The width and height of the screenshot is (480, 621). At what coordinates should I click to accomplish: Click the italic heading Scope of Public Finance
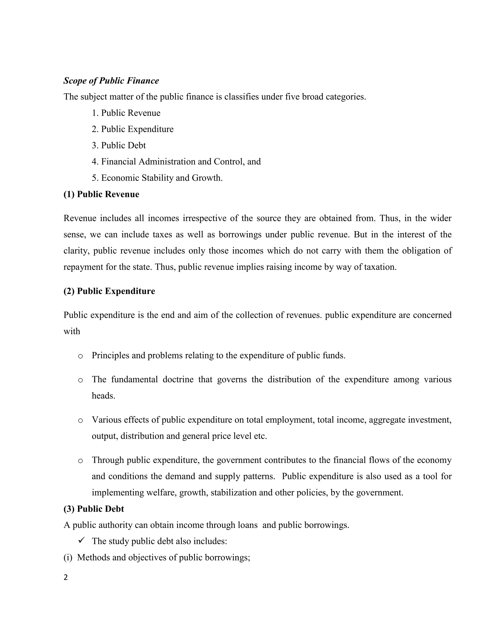point(111,81)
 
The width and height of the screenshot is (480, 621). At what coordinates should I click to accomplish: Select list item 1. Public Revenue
point(126,113)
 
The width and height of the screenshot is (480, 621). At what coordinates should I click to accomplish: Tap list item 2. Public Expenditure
point(132,129)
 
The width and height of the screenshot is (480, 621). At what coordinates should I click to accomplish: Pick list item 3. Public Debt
point(119,146)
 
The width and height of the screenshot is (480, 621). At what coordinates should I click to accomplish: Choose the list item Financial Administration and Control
point(176,162)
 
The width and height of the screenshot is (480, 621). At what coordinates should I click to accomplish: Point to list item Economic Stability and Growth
point(157,178)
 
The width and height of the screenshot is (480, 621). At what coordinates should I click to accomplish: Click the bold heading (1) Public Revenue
point(101,195)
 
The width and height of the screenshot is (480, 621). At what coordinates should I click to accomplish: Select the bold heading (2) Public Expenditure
point(109,292)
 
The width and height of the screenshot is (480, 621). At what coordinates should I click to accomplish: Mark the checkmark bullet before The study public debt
point(82,540)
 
